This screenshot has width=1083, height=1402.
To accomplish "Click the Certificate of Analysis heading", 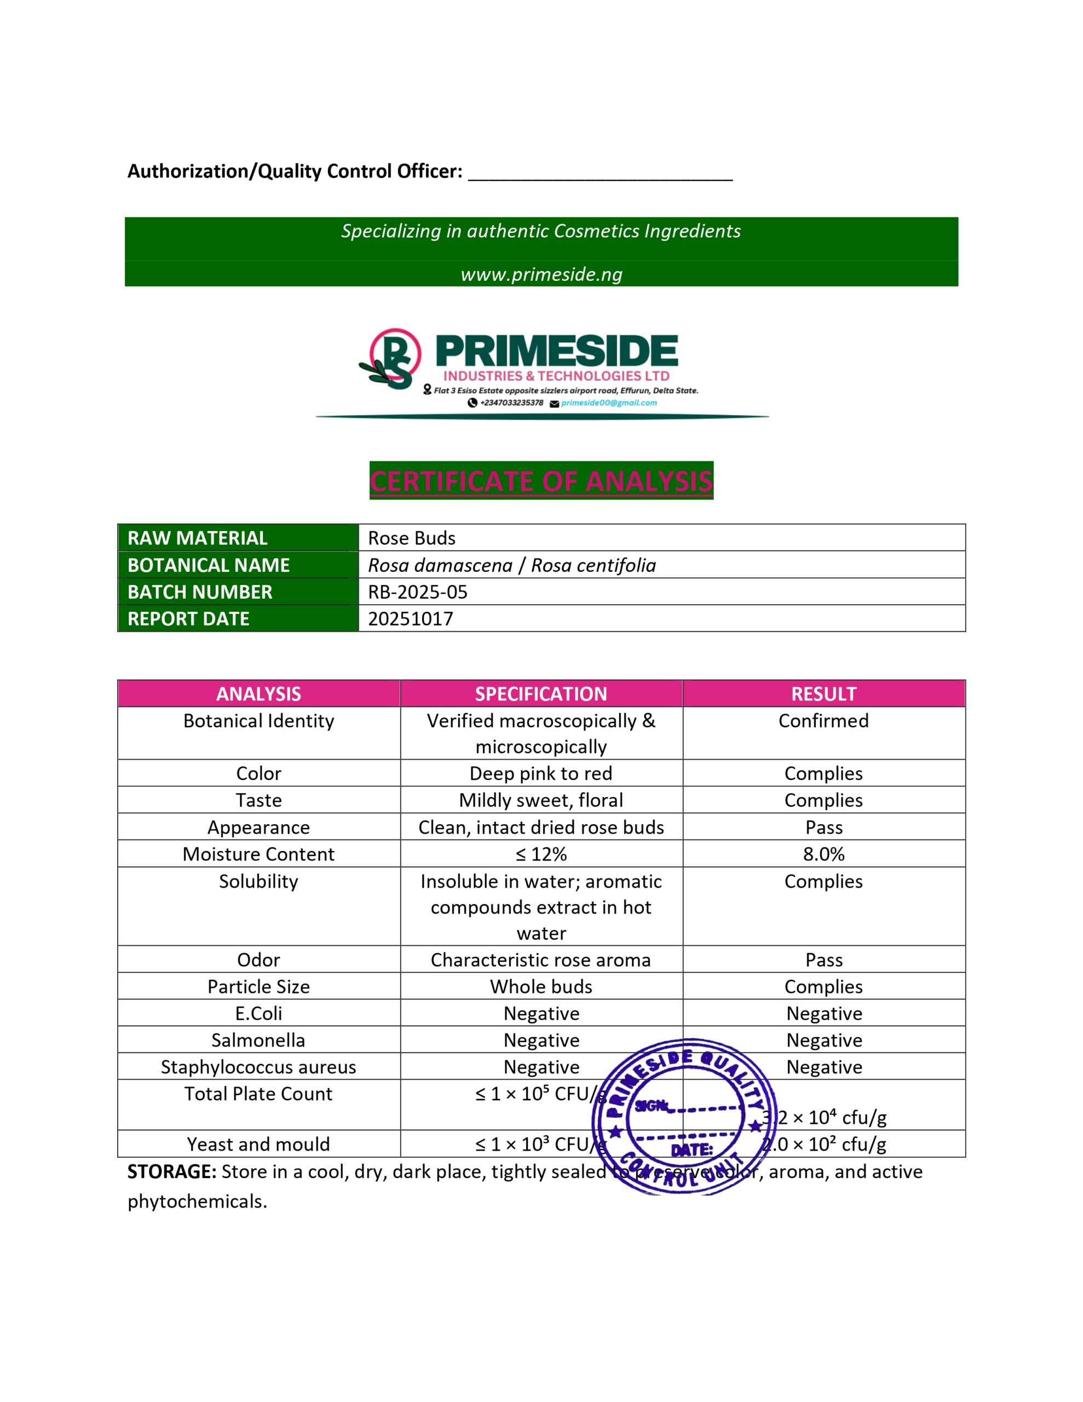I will pyautogui.click(x=541, y=481).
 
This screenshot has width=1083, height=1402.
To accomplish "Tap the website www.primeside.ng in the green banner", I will pyautogui.click(x=541, y=274).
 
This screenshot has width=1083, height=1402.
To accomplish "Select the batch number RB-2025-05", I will pyautogui.click(x=417, y=592).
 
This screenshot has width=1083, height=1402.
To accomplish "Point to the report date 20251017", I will pyautogui.click(x=410, y=619).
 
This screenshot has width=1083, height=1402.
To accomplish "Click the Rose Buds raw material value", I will pyautogui.click(x=412, y=538).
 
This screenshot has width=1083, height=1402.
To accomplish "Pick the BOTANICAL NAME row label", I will pyautogui.click(x=209, y=565).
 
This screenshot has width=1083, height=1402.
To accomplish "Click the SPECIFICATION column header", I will pyautogui.click(x=540, y=694).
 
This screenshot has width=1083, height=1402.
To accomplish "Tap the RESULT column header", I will pyautogui.click(x=823, y=694).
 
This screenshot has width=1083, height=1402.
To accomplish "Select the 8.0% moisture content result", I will pyautogui.click(x=823, y=854).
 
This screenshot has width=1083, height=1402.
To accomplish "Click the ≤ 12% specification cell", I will pyautogui.click(x=541, y=854).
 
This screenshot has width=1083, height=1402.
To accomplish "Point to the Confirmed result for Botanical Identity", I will pyautogui.click(x=823, y=721).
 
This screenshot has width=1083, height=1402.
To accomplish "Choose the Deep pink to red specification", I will pyautogui.click(x=541, y=773).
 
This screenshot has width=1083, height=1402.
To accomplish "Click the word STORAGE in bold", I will pyautogui.click(x=171, y=1172).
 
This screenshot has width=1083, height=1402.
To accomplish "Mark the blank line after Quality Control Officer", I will pyautogui.click(x=600, y=173).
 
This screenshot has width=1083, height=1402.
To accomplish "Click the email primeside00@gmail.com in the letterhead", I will pyautogui.click(x=609, y=403).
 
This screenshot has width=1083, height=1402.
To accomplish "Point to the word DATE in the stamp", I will pyautogui.click(x=692, y=1150).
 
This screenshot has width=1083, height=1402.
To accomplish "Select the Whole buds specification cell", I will pyautogui.click(x=541, y=987).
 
